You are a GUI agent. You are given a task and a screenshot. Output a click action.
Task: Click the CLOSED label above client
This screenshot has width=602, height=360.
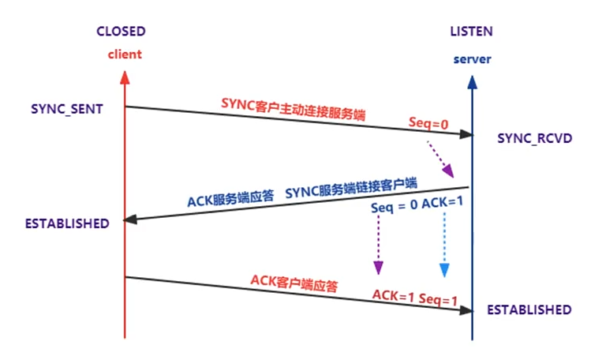121,32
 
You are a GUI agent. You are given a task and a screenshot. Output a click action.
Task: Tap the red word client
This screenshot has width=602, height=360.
124,55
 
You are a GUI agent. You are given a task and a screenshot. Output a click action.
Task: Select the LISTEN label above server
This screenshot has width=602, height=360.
472,32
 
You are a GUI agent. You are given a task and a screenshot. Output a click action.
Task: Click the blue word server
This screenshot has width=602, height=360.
472,60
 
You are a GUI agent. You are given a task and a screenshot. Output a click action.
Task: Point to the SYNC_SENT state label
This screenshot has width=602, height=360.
68,108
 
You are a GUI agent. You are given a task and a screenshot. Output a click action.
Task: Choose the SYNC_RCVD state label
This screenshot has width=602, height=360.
534,138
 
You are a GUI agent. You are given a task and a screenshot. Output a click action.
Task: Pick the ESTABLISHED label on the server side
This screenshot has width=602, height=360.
529,309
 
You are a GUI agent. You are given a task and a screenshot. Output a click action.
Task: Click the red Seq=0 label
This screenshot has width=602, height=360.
429,124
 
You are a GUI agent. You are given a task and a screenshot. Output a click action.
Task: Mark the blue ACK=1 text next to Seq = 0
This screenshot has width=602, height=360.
443,204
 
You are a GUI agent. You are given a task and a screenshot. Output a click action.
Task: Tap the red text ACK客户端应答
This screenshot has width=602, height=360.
294,283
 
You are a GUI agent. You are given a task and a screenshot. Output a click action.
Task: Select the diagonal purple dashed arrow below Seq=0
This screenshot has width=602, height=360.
440,158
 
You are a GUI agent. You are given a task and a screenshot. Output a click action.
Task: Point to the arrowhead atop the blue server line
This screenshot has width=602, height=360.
472,82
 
